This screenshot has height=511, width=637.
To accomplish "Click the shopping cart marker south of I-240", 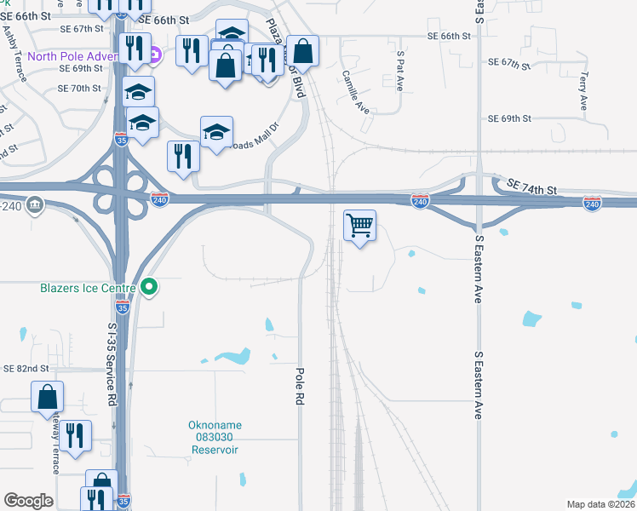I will click(x=360, y=227).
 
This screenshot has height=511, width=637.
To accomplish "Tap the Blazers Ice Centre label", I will click(x=88, y=288).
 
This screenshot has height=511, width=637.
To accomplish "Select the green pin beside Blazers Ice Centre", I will click(x=150, y=287).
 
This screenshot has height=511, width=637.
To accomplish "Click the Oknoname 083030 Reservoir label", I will click(x=212, y=437).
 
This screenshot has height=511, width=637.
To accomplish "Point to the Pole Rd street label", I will click(x=300, y=386).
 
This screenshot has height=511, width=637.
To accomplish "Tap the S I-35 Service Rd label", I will click(x=112, y=363).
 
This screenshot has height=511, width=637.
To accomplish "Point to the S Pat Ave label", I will click(x=399, y=71).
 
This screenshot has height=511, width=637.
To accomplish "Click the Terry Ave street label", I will click(x=583, y=90).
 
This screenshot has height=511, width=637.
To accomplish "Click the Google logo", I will click(x=28, y=501).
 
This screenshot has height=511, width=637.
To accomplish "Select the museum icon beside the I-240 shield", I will click(x=35, y=204).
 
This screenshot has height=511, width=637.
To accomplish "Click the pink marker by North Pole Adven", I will click(x=154, y=58).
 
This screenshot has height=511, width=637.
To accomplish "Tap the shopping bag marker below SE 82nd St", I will click(x=47, y=398).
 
